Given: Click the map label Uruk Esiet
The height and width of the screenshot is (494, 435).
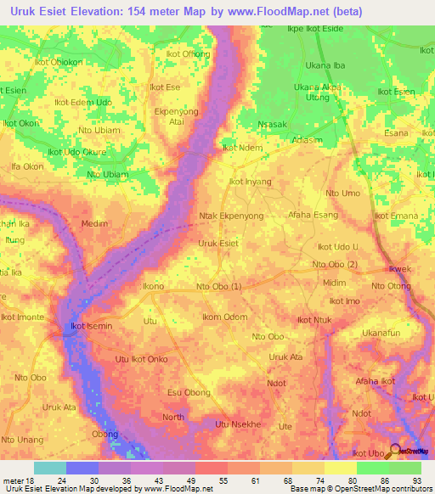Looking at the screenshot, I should click(x=217, y=243).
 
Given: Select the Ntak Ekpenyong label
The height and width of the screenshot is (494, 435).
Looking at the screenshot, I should click(x=233, y=216).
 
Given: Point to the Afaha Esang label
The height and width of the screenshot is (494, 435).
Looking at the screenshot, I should click(x=314, y=215).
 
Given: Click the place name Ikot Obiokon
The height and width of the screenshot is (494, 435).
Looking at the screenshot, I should click(x=58, y=62).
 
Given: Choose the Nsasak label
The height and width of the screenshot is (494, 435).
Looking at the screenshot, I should click(x=273, y=123).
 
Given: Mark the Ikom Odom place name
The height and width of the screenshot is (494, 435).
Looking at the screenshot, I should click(x=225, y=317).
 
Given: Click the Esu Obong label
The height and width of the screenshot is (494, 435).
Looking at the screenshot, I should click(x=189, y=392).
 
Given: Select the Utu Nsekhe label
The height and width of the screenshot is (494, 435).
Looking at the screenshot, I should click(x=241, y=424).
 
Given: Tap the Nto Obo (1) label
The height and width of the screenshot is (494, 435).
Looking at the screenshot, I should click(x=218, y=286).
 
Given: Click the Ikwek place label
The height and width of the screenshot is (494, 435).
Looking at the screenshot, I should click(x=399, y=269).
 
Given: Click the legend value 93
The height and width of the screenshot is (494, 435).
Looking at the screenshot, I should click(x=417, y=480).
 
